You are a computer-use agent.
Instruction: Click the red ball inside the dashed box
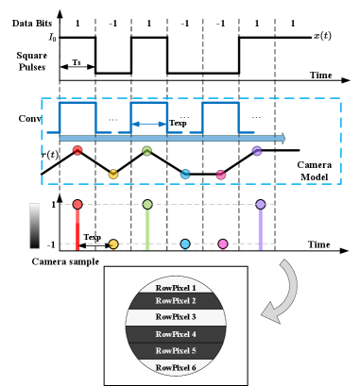(x=77, y=150)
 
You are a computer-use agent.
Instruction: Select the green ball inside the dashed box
(x=146, y=151)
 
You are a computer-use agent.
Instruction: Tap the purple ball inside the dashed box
(x=257, y=151)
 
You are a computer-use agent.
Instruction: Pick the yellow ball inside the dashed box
(x=113, y=174)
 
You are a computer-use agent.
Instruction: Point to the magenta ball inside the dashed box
(x=221, y=175)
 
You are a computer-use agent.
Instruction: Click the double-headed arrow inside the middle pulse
(x=149, y=124)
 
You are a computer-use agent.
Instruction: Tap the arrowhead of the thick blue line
(x=281, y=138)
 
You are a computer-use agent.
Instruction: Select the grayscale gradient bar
(x=37, y=226)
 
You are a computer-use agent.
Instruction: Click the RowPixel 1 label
(x=176, y=288)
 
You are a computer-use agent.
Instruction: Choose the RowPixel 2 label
(x=176, y=301)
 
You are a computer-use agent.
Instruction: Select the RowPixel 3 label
(x=176, y=317)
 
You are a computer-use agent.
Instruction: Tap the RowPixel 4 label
(x=176, y=334)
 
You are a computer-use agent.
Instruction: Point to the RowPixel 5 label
(x=176, y=350)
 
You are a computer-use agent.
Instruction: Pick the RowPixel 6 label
(x=176, y=367)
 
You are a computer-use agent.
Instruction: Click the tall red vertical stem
(x=77, y=228)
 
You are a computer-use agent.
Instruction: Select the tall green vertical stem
(x=147, y=228)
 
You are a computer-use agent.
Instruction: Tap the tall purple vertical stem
(x=260, y=228)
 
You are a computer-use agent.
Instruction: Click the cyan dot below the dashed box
(x=185, y=244)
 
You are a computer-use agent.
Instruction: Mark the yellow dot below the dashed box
(x=113, y=244)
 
